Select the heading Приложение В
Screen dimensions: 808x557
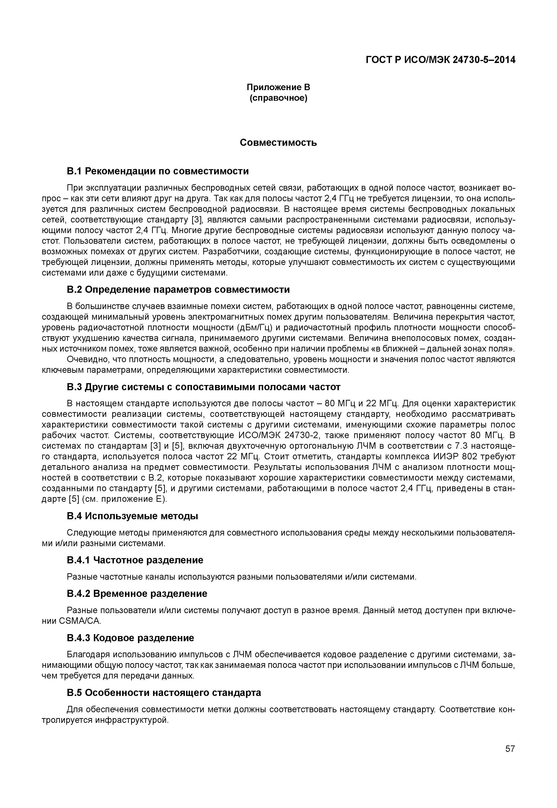(278, 87)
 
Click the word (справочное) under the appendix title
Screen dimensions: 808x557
(278, 98)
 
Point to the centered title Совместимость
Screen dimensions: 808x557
(278, 142)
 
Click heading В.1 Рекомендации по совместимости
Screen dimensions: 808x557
(158, 171)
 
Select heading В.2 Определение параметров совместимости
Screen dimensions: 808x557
(178, 289)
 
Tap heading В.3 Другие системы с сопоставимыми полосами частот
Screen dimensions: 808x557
(203, 387)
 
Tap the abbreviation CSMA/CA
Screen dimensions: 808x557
(80, 621)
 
